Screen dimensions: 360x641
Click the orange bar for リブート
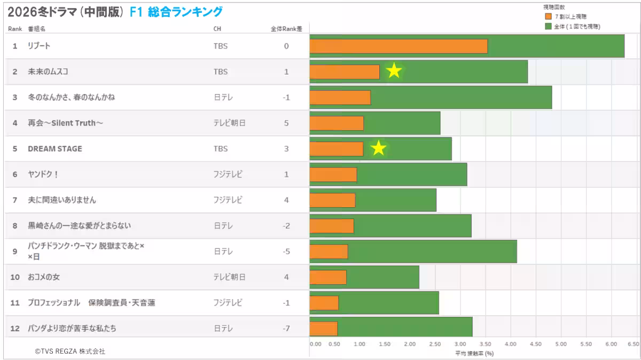(398, 46)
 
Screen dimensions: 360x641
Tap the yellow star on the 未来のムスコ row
(394, 71)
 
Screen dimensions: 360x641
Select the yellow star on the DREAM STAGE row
(378, 148)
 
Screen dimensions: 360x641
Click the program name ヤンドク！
(43, 174)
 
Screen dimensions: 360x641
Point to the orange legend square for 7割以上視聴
(548, 17)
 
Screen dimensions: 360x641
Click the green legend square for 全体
(548, 26)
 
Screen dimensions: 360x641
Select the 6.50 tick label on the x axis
(633, 344)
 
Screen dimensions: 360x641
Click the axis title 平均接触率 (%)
(474, 353)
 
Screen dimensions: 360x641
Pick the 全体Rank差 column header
(286, 29)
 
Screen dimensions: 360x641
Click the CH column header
(217, 29)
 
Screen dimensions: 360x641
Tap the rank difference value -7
(286, 328)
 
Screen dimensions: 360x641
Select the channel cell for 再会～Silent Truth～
(229, 123)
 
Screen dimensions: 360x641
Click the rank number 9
(15, 251)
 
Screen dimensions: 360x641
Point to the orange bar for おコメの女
(328, 277)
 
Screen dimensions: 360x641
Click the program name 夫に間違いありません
(62, 200)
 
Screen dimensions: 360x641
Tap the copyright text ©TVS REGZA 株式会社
(70, 351)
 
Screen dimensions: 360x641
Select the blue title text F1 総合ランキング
(176, 12)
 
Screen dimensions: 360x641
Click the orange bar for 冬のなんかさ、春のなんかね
(340, 97)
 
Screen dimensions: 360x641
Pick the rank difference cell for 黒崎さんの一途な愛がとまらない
(286, 225)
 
